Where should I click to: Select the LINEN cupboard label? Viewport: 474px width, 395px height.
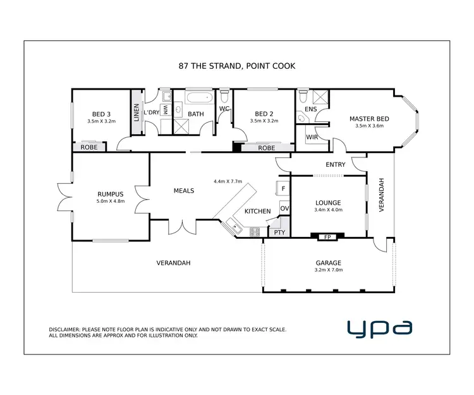[136, 112]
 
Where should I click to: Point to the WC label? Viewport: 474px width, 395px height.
[224, 109]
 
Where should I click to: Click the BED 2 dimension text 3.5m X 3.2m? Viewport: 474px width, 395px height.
[264, 121]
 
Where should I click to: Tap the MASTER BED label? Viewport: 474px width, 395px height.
[369, 119]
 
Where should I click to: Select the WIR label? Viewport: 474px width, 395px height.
[312, 137]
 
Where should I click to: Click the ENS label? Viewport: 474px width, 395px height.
[310, 109]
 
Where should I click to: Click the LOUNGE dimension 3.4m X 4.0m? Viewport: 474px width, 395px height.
[328, 210]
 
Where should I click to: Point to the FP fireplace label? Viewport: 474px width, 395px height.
[327, 237]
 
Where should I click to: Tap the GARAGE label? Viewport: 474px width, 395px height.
[329, 263]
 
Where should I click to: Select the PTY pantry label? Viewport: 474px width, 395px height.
[279, 233]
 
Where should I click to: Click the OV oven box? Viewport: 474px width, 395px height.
[284, 209]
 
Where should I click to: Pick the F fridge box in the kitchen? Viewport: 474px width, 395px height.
[283, 188]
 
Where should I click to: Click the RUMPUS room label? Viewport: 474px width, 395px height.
[109, 194]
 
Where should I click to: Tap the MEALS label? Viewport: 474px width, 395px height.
[184, 190]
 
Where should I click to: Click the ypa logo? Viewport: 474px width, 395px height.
[380, 327]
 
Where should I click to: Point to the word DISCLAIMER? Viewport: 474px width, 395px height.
[65, 330]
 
